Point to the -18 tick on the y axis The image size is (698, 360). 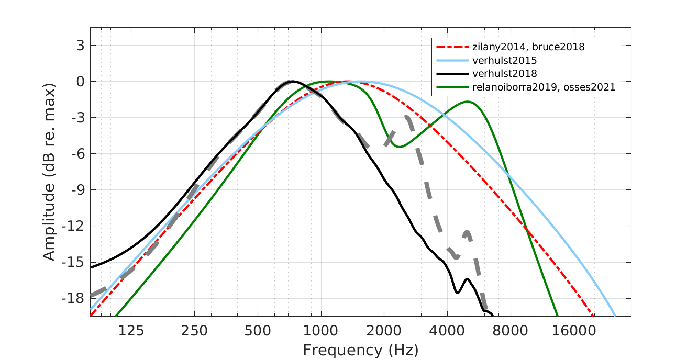coord(73,298)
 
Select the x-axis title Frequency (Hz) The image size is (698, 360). coord(360,350)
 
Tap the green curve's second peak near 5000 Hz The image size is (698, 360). coord(467,102)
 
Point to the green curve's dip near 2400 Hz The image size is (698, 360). coord(399,147)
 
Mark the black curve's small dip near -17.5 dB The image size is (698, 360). coord(458,292)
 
